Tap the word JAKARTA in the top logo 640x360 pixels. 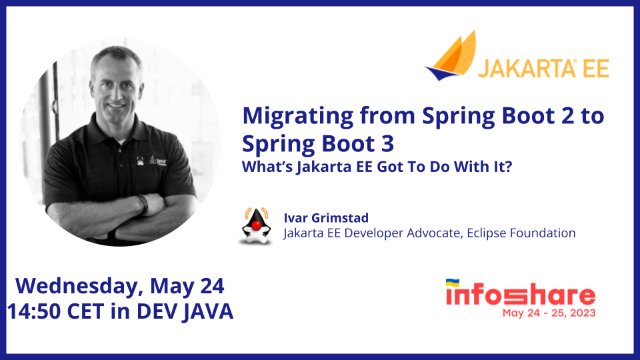tap(527, 68)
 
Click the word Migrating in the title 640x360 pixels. tap(297, 117)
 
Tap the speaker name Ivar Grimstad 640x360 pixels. tap(326, 218)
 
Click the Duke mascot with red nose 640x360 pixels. tap(256, 226)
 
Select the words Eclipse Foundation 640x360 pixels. tap(521, 233)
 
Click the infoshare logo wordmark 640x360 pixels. tap(521, 294)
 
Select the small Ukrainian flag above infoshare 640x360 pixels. tap(452, 283)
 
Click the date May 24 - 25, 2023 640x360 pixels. tap(549, 313)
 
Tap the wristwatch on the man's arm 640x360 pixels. tap(143, 204)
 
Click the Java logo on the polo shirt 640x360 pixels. tap(159, 160)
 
